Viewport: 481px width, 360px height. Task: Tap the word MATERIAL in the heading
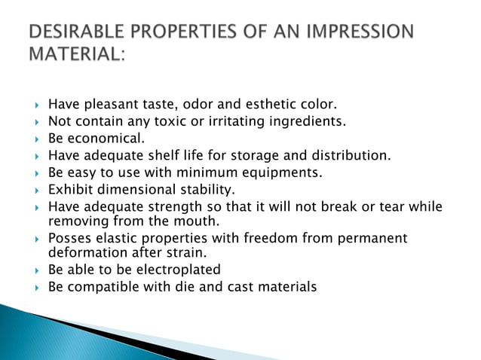[72, 56]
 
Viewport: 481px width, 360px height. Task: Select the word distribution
[352, 156]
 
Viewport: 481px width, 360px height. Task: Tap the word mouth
[196, 221]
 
